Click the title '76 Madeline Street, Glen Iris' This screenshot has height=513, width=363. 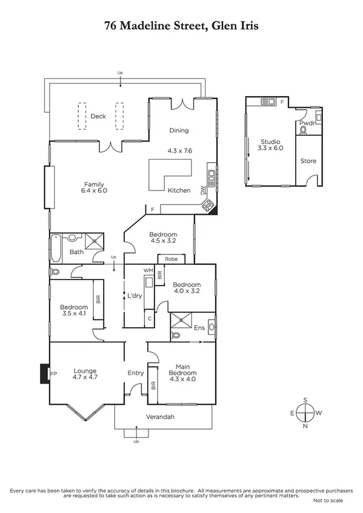[x=181, y=27]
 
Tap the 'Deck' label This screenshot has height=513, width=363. [x=98, y=116]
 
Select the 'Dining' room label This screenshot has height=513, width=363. [x=179, y=130]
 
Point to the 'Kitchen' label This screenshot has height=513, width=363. [x=179, y=191]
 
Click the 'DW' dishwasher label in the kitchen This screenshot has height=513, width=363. [x=204, y=189]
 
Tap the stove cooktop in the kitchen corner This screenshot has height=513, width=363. [x=208, y=206]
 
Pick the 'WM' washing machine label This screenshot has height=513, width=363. [x=147, y=270]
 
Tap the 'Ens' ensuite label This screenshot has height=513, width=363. [x=198, y=328]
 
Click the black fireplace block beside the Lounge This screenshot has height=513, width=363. [x=44, y=374]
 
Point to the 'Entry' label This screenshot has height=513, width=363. [x=135, y=373]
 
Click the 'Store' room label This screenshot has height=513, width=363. [x=308, y=161]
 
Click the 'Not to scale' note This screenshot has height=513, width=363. [x=328, y=501]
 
